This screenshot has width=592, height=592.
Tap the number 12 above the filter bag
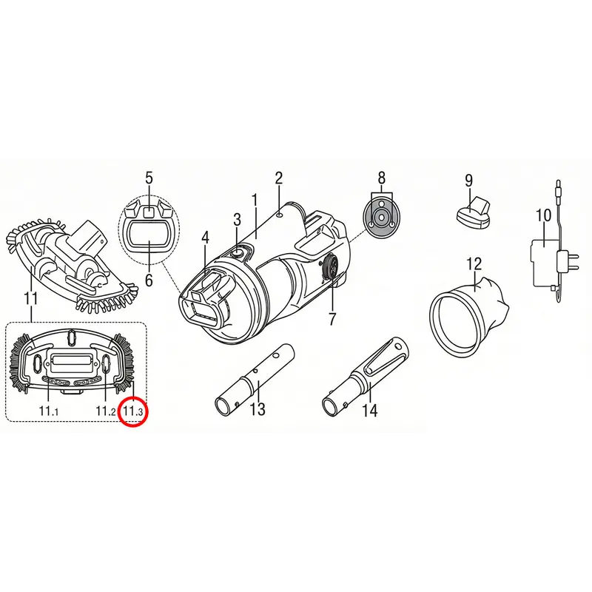pyautogui.click(x=474, y=264)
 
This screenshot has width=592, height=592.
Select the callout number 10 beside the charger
pyautogui.click(x=544, y=215)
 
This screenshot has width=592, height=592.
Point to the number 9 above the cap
pyautogui.click(x=468, y=181)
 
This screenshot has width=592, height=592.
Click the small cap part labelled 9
pyautogui.click(x=474, y=214)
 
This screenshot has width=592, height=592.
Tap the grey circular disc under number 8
pyautogui.click(x=381, y=218)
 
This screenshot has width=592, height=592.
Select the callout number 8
pyautogui.click(x=382, y=178)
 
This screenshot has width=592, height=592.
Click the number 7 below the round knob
pyautogui.click(x=332, y=319)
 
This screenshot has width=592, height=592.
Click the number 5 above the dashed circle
pyautogui.click(x=149, y=178)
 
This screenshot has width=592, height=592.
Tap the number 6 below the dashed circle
pyautogui.click(x=149, y=280)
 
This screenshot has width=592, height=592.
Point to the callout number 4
pyautogui.click(x=205, y=238)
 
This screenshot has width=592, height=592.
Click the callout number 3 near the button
pyautogui.click(x=237, y=220)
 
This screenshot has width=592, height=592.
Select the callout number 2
pyautogui.click(x=279, y=178)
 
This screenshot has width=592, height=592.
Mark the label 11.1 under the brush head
pyautogui.click(x=49, y=411)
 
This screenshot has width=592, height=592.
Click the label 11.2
pyautogui.click(x=106, y=411)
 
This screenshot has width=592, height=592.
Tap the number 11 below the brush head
pyautogui.click(x=30, y=298)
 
